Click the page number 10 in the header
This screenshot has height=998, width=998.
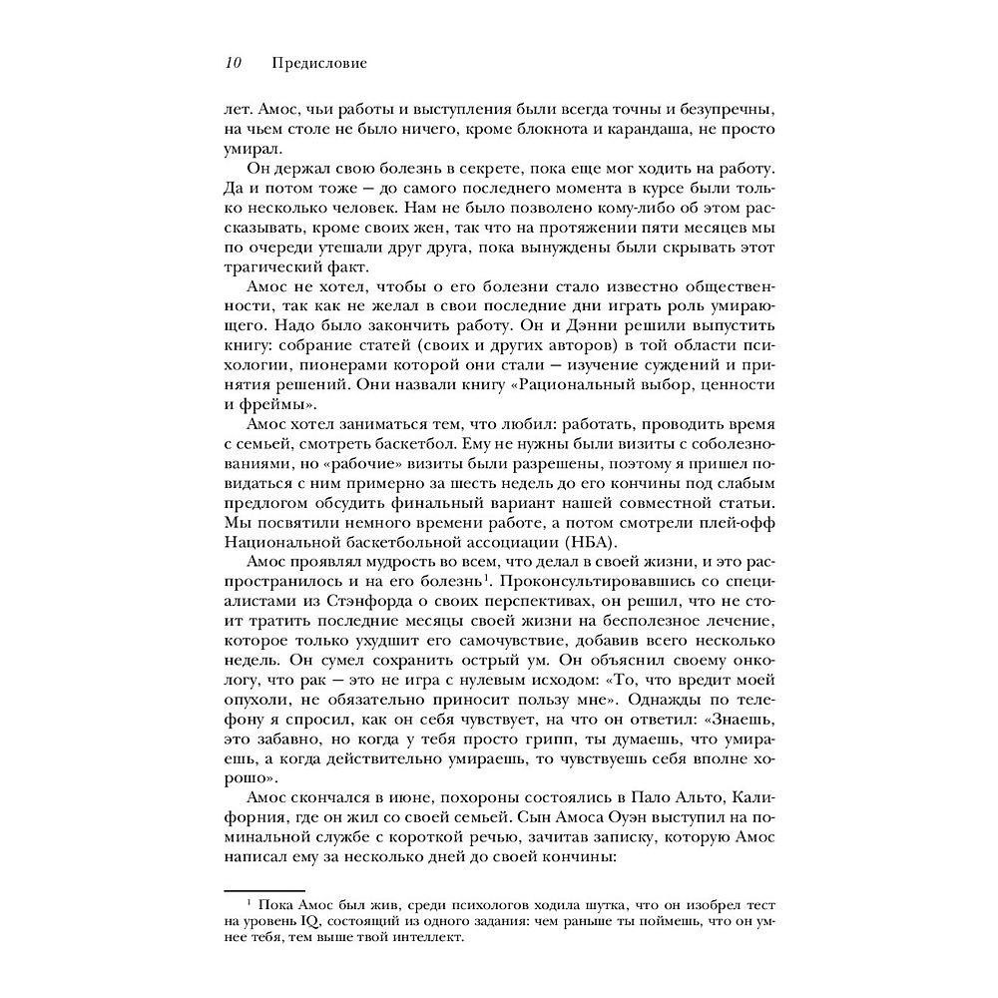(233, 64)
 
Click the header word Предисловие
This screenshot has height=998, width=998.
(319, 64)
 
